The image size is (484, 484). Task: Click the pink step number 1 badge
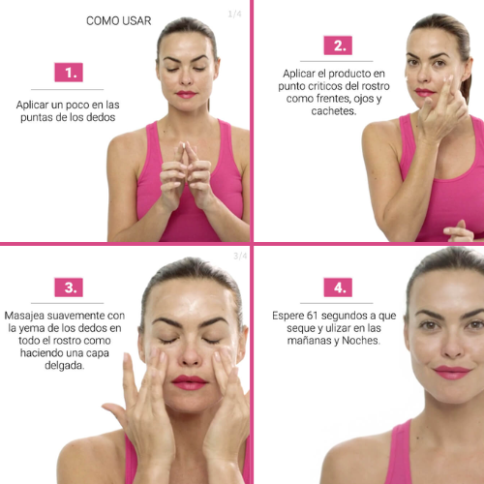point(69,73)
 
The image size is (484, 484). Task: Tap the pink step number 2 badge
point(338,45)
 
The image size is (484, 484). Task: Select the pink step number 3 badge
point(69,287)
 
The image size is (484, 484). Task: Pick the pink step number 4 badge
point(338,287)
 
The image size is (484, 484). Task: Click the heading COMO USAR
point(118,21)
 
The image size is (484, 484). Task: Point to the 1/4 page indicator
point(234,14)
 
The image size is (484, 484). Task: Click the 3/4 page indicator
point(240,256)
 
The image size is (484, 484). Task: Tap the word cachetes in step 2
point(334,111)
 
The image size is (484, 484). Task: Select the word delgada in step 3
point(65,366)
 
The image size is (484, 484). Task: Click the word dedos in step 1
point(101,117)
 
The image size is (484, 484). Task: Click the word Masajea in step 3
point(24,316)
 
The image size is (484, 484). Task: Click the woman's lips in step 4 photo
point(452,373)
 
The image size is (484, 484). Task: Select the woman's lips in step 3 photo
point(189,382)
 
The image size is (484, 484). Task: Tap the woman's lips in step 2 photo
point(424,93)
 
